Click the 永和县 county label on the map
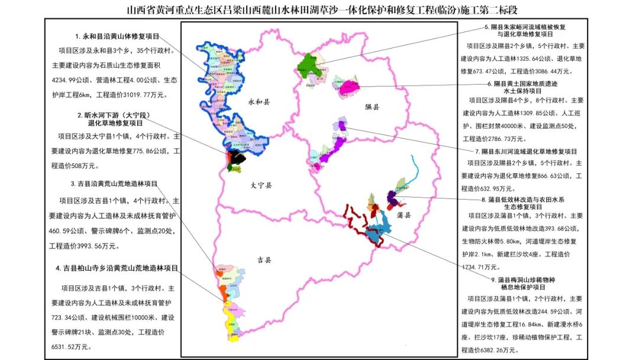tap(259, 102)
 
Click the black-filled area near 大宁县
tap(237, 156)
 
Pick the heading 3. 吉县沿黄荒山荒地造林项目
tap(114, 184)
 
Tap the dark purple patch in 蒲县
tap(392, 197)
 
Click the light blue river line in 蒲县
tap(415, 172)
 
